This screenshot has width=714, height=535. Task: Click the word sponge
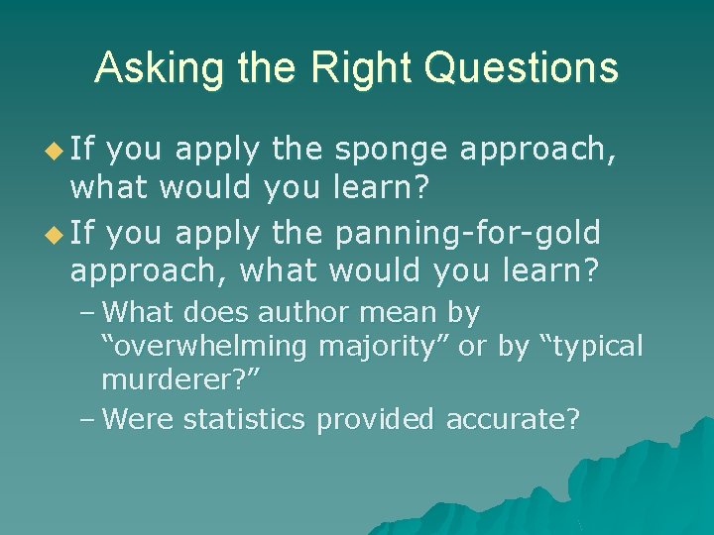pyautogui.click(x=391, y=151)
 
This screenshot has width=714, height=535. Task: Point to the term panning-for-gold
pyautogui.click(x=468, y=233)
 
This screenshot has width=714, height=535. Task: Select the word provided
pyautogui.click(x=375, y=419)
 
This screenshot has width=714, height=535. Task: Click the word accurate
pyautogui.click(x=511, y=419)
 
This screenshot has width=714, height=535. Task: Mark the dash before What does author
pyautogui.click(x=86, y=313)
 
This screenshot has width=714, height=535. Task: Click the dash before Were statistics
pyautogui.click(x=86, y=419)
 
